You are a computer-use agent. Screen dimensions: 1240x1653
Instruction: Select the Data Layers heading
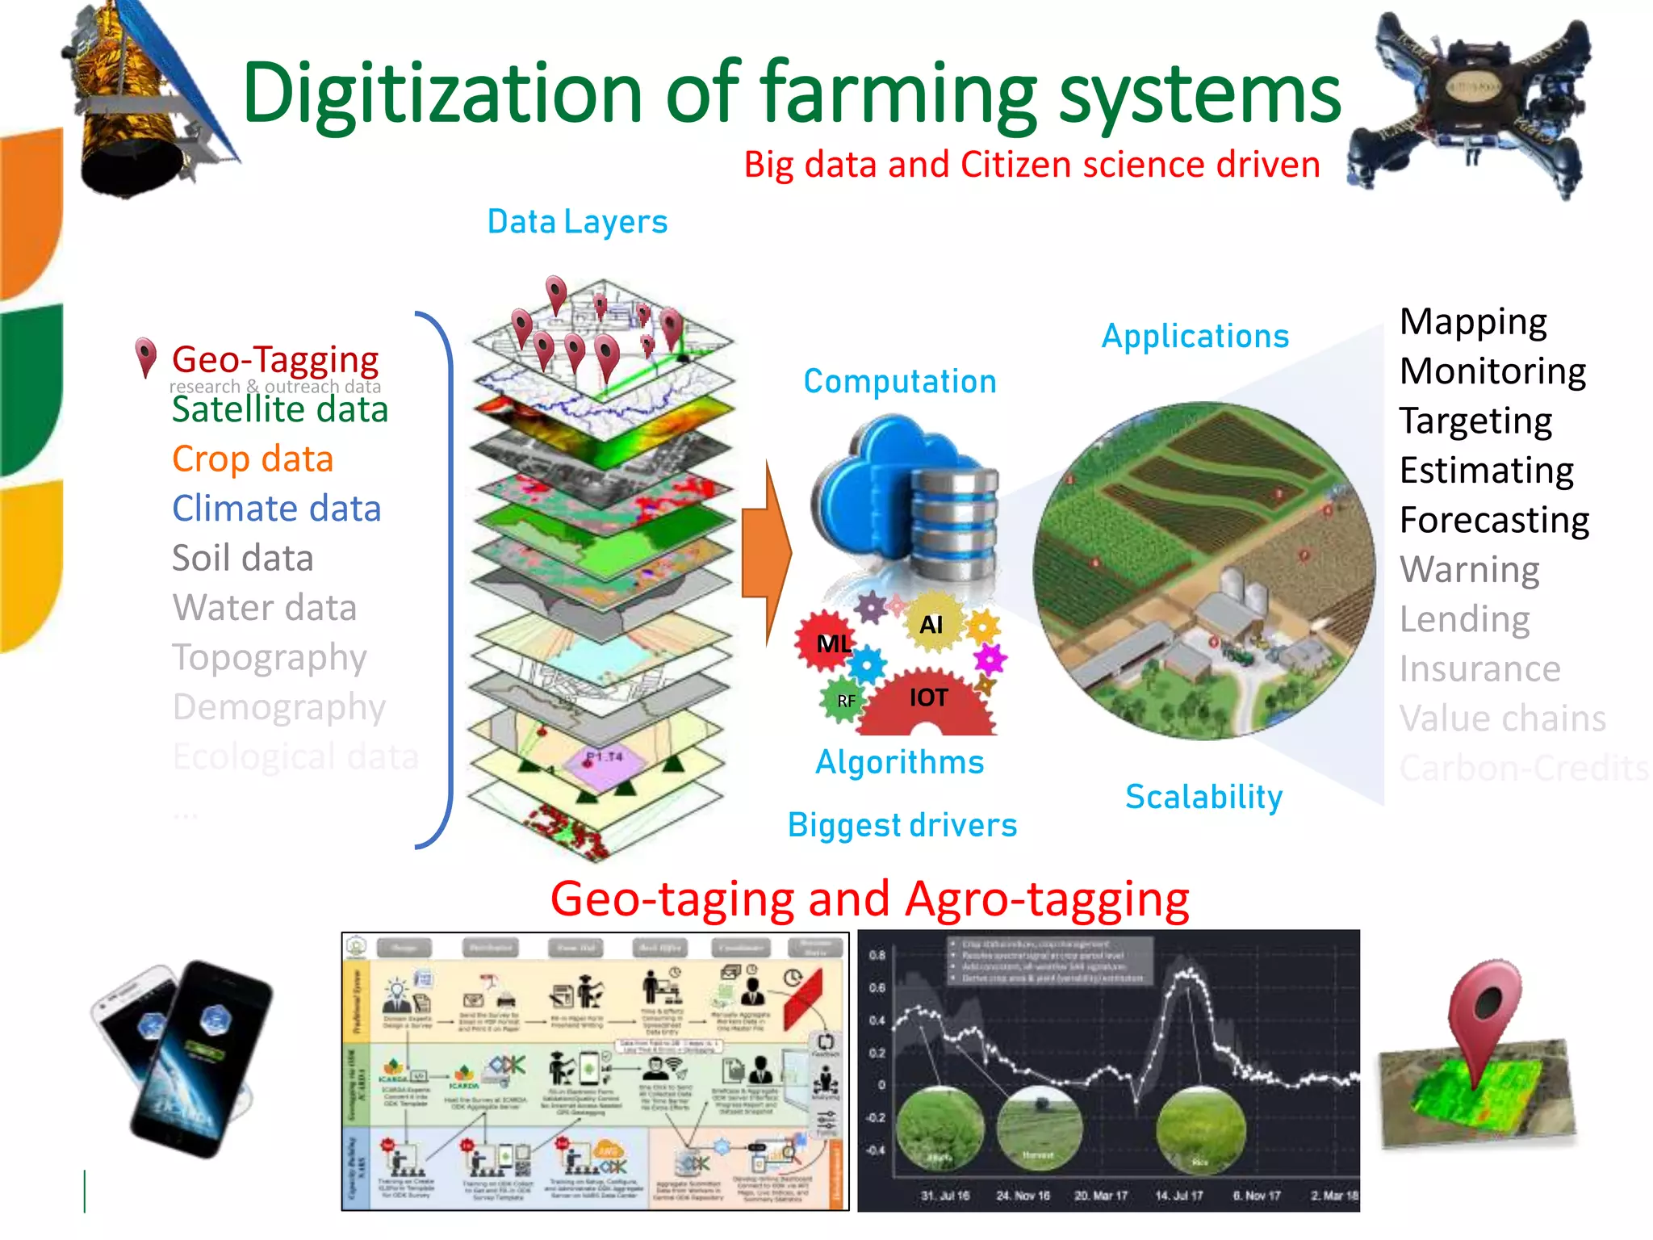click(577, 222)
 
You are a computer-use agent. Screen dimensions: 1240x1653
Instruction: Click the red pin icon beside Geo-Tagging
click(145, 358)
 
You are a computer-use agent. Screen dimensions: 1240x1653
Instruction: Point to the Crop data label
click(253, 459)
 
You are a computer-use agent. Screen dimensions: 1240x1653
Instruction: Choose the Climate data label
click(276, 509)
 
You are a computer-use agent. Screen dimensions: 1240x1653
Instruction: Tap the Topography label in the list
click(270, 657)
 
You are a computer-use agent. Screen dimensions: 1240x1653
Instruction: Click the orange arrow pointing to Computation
click(767, 553)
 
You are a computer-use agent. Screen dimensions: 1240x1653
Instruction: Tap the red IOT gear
click(928, 701)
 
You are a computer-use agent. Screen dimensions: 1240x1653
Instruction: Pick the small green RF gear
click(844, 701)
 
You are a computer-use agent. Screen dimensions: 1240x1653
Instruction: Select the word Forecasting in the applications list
click(1494, 521)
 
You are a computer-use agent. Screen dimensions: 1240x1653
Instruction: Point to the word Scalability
click(1203, 797)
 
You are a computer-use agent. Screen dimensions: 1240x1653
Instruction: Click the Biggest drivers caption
click(902, 825)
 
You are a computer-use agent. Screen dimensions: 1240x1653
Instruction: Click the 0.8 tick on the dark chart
click(877, 955)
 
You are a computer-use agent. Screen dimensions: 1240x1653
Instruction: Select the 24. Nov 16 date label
click(1023, 1196)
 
